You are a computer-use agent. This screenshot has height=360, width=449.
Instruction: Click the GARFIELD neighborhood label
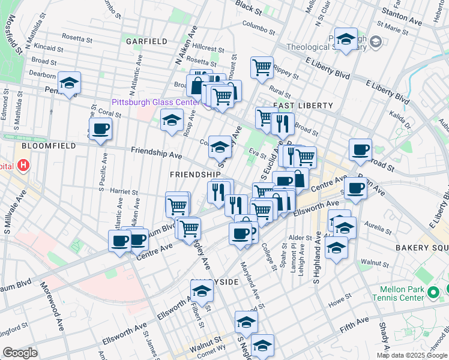tap(146, 41)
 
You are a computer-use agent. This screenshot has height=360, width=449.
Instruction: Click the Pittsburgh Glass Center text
tap(154, 103)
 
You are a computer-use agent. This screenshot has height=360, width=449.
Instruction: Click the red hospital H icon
tap(23, 165)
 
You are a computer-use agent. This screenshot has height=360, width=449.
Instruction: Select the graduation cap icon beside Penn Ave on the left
tap(70, 83)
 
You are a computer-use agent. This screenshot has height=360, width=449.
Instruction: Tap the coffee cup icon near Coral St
tap(100, 128)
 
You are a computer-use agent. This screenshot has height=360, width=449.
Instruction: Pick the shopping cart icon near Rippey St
tap(262, 67)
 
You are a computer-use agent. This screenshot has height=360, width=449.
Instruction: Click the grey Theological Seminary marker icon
tap(376, 41)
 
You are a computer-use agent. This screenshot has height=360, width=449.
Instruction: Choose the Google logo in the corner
tap(20, 353)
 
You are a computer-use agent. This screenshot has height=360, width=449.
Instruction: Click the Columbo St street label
tap(259, 25)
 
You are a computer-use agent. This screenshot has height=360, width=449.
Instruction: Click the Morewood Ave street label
tap(52, 305)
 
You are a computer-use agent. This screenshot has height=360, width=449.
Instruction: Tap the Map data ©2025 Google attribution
tap(412, 355)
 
